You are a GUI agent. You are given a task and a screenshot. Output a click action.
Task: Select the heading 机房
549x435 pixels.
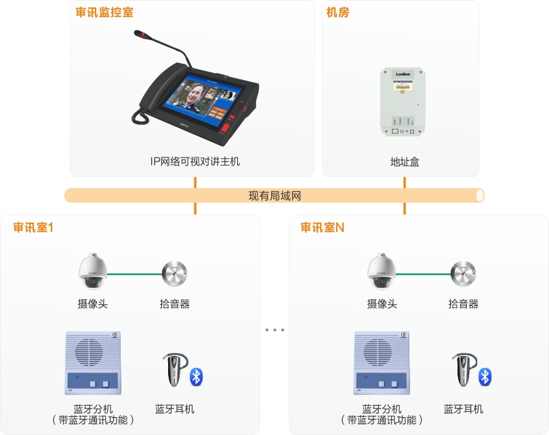[x=338, y=12]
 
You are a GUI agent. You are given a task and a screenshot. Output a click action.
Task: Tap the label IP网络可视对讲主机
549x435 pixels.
[x=195, y=162]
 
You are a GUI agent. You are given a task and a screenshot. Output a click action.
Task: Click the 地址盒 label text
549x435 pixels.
[x=405, y=162]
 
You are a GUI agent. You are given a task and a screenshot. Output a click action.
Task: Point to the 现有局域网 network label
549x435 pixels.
[x=274, y=196]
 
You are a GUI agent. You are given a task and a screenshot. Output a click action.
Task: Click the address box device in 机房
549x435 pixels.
[x=405, y=102]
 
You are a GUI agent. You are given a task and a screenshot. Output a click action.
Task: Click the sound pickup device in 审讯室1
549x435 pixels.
[x=175, y=274]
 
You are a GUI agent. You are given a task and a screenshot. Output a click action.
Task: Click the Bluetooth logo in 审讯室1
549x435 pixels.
[x=197, y=377]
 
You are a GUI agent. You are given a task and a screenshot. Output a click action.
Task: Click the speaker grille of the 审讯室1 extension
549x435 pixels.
[x=90, y=353]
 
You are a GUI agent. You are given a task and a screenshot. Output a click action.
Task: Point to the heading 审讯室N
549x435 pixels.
[x=322, y=227]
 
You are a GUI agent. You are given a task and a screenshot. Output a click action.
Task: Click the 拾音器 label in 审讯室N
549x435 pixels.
[x=464, y=304]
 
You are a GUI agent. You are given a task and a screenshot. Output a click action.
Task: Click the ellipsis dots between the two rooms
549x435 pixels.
[x=274, y=330]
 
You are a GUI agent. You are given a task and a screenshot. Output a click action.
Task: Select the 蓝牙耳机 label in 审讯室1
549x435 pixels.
[x=175, y=409]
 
